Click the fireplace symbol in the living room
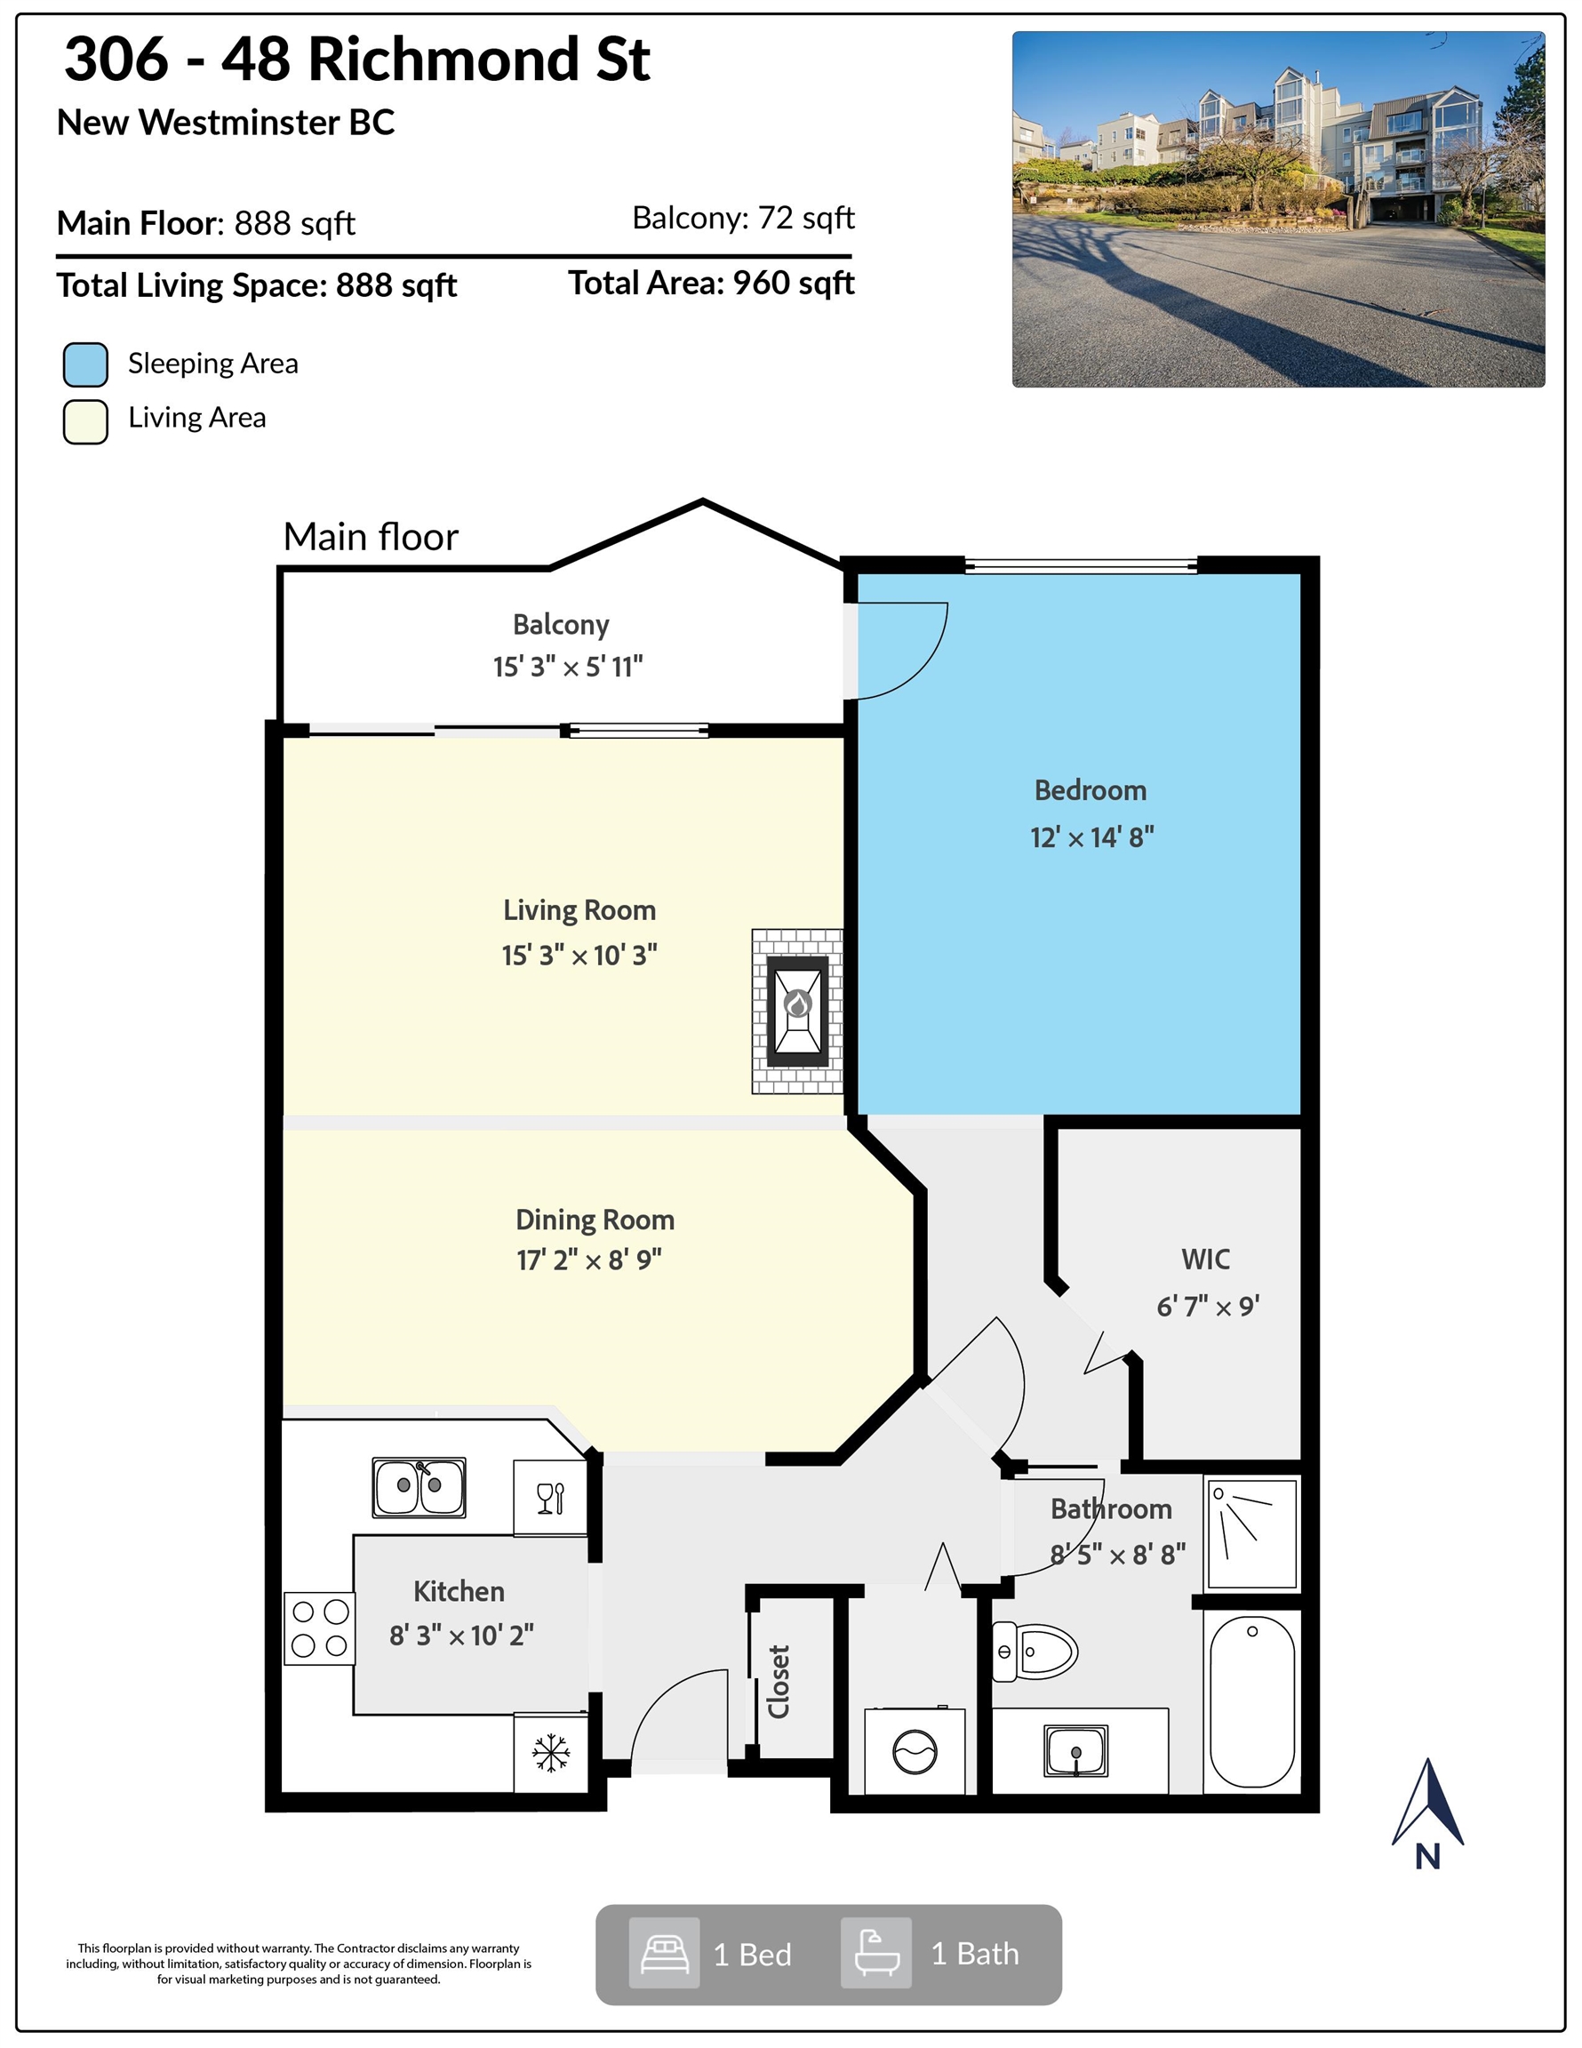coord(797,1011)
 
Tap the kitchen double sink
coord(419,1487)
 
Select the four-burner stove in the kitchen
coord(320,1628)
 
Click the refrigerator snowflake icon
coord(550,1754)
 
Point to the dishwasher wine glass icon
coord(550,1498)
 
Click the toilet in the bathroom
coord(1035,1651)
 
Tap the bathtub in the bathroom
coord(1252,1701)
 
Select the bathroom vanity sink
coord(1075,1750)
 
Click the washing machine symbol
coord(915,1751)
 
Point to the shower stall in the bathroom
coord(1252,1533)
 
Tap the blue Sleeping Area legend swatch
coord(85,364)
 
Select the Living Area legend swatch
coord(85,422)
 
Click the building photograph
coord(1278,209)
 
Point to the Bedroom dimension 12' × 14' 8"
coord(1091,837)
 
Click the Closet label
coord(779,1682)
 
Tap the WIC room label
coord(1206,1260)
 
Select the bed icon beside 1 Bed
coord(664,1953)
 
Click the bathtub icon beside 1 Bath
coord(875,1953)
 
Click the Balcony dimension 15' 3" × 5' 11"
coord(568,667)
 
